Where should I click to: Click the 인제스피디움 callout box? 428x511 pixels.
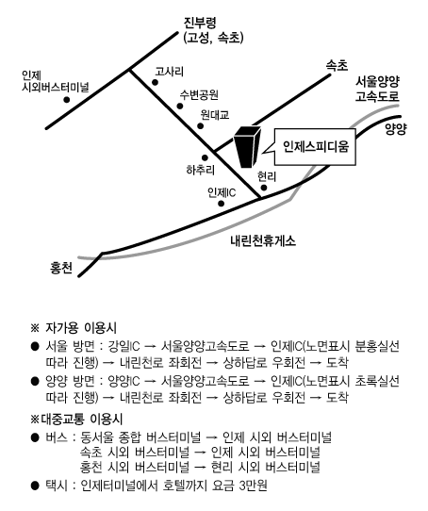pos(315,147)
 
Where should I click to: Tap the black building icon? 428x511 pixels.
pos(248,146)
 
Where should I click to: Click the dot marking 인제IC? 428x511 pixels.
pos(222,204)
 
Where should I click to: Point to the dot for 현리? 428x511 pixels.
pos(264,188)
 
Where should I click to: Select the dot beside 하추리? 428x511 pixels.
pos(205,158)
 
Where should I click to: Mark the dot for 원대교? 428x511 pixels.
pos(201,126)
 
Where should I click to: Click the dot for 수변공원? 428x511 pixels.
pos(180,106)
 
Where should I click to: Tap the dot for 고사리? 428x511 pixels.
pos(156,82)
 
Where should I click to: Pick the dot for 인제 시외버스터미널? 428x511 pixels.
pos(67,100)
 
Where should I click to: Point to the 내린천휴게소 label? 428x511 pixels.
pos(263,240)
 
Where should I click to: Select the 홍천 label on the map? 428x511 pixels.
pos(61,268)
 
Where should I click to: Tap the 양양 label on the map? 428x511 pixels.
pos(396,129)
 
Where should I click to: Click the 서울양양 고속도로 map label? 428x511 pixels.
pos(377,89)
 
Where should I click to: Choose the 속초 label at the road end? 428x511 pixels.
pos(337,66)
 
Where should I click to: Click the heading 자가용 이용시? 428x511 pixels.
pos(81,327)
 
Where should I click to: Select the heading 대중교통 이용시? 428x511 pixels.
pos(81,420)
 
